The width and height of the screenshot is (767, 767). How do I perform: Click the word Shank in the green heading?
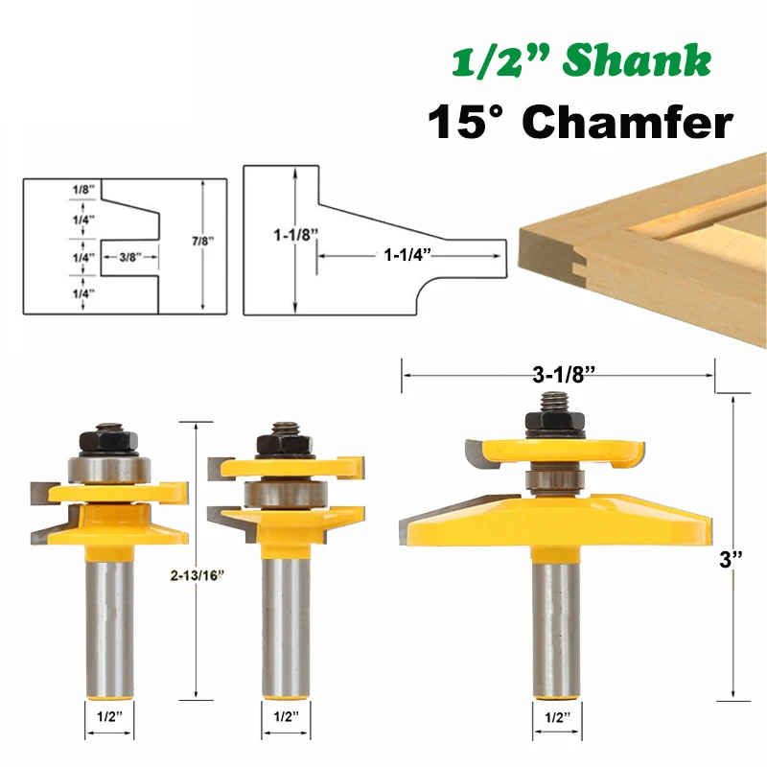[637, 63]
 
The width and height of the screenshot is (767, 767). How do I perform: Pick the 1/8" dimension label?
[83, 189]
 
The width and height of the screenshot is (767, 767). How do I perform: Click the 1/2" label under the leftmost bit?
[109, 716]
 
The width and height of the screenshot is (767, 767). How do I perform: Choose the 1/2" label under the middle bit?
[285, 716]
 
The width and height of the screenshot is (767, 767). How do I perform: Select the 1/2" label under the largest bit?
[558, 716]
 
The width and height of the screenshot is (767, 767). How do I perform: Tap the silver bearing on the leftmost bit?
[107, 470]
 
